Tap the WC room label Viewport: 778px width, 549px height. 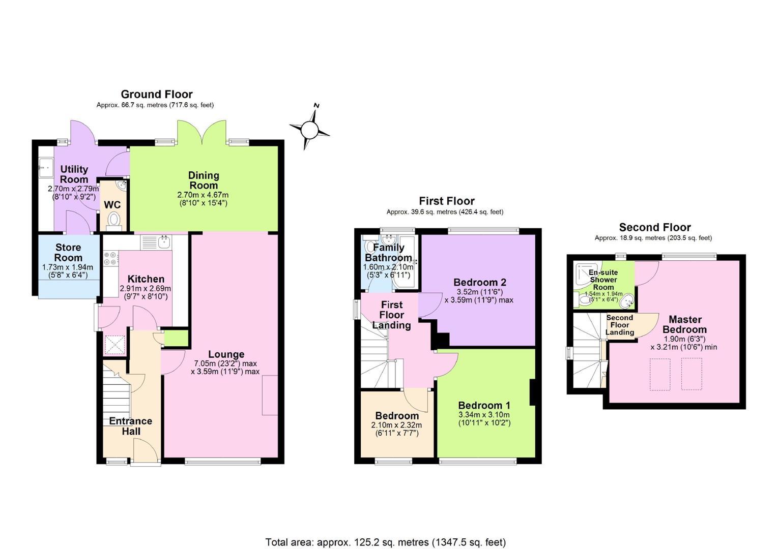tap(112, 205)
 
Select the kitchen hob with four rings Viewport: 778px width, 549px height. tap(110, 259)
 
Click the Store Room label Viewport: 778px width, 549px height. tap(68, 252)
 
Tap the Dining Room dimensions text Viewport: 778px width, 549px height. tap(203, 199)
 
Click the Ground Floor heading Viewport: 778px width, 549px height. tap(157, 94)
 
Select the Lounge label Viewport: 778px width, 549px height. tap(226, 354)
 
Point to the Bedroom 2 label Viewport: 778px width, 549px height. tap(479, 282)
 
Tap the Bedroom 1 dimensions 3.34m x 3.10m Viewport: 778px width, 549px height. tap(484, 414)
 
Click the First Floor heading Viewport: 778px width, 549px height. tap(447, 201)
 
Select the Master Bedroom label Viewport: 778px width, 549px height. tap(685, 324)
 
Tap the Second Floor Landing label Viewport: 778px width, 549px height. tap(620, 325)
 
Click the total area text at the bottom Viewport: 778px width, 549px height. tap(386, 542)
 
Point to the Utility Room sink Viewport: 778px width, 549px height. tap(46, 168)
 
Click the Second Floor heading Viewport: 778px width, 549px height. tap(655, 227)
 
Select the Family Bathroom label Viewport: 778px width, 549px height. tap(389, 252)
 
